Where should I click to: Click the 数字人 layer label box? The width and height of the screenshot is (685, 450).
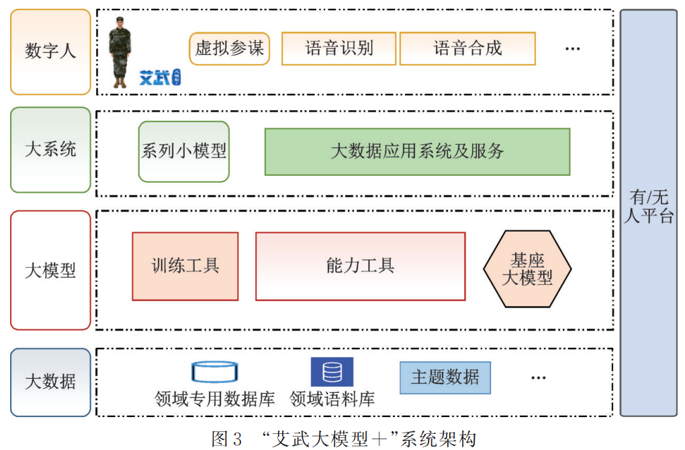[50, 52]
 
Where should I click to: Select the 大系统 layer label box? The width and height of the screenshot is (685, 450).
[50, 150]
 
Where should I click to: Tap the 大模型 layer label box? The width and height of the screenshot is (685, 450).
[50, 270]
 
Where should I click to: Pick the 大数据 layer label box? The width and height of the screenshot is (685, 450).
[50, 382]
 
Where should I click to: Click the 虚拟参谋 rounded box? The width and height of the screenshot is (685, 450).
[230, 49]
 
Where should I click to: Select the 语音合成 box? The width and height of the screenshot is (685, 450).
[467, 49]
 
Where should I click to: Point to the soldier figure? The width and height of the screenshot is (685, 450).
[120, 52]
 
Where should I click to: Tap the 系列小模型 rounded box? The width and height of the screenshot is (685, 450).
[184, 151]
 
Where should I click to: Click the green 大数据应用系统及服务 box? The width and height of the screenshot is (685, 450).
[417, 152]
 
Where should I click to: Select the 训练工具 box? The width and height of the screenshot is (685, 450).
[185, 266]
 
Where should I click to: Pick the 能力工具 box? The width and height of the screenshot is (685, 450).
[360, 266]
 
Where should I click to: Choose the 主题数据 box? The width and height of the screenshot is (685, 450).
[445, 377]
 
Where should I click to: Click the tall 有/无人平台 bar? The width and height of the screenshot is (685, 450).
[648, 212]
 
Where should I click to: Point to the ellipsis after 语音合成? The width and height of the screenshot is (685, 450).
[572, 49]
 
